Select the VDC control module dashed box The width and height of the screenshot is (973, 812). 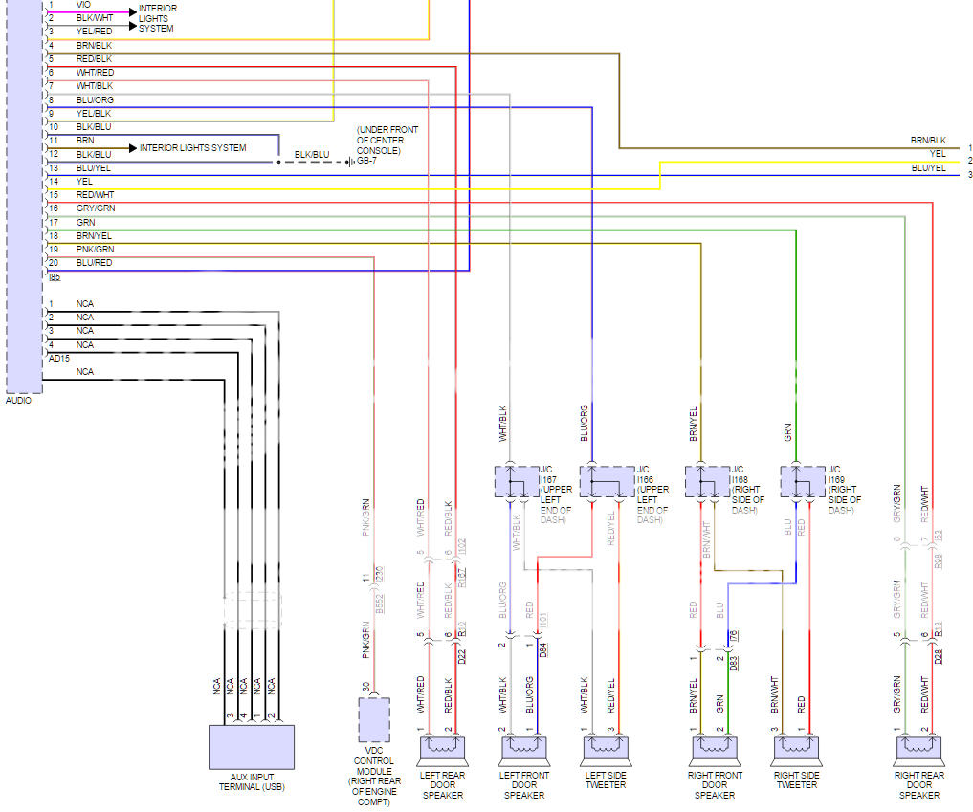(x=373, y=719)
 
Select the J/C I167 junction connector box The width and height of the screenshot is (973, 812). (x=516, y=481)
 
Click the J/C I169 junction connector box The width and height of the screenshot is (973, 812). (x=802, y=481)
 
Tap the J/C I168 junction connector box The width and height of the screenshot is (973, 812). (x=707, y=481)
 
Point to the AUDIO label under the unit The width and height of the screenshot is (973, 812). (x=18, y=401)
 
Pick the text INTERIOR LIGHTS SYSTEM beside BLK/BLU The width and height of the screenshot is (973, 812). (x=192, y=148)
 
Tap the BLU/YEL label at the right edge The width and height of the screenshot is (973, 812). (x=928, y=168)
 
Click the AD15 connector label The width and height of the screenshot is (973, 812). (x=59, y=358)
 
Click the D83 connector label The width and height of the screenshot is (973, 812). (x=734, y=660)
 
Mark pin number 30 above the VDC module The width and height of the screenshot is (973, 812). (x=365, y=685)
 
